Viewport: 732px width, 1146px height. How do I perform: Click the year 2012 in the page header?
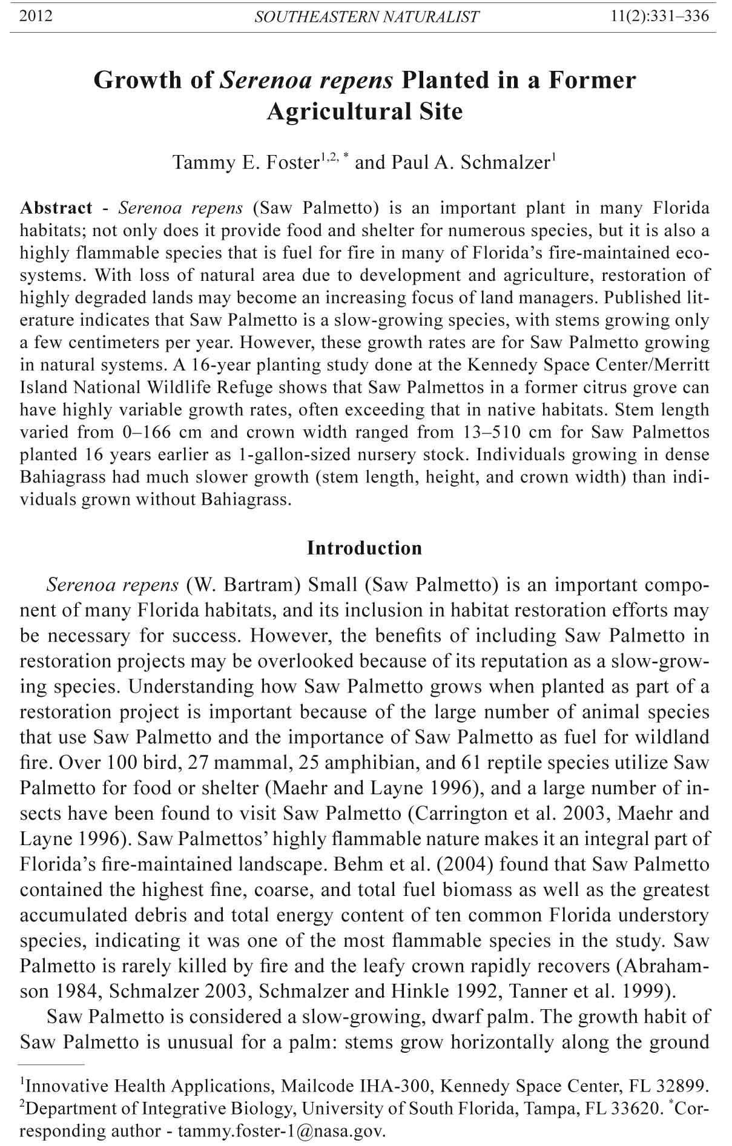[x=36, y=16]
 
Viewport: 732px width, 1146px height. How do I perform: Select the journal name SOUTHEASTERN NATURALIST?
[x=367, y=16]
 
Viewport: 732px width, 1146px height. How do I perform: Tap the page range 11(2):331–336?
[x=661, y=16]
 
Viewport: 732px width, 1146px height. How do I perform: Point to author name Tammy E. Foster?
[x=246, y=163]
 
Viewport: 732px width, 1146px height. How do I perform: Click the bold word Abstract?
[x=56, y=208]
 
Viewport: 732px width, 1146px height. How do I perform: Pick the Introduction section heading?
[x=364, y=548]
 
